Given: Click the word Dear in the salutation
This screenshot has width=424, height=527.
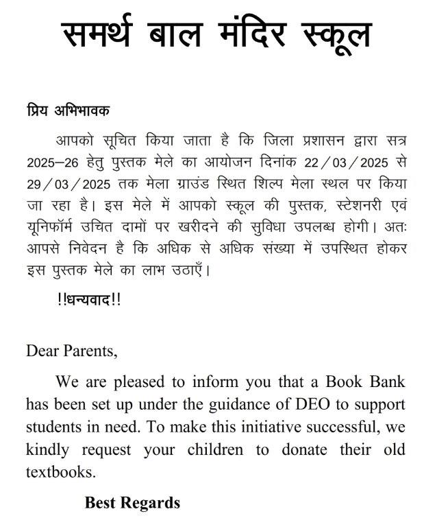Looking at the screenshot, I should pos(42,351).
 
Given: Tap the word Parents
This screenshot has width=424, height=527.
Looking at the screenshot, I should pos(90,351).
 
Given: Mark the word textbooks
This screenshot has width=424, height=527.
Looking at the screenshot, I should pos(59,473).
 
